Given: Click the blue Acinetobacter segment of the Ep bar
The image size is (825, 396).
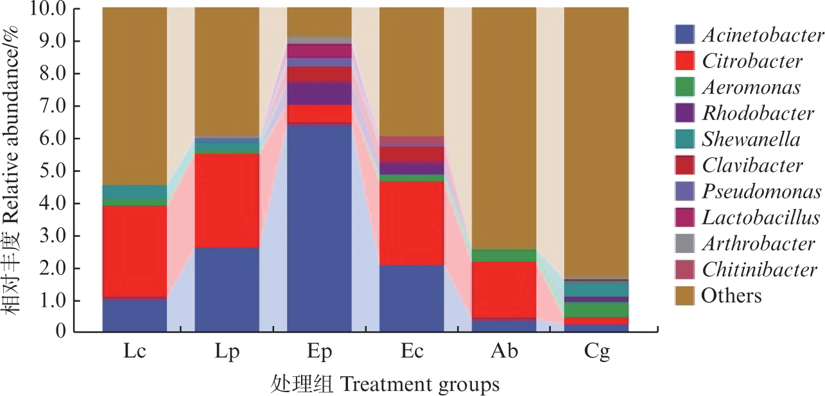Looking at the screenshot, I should pos(319,228).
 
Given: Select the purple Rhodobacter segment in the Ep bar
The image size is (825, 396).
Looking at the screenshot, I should pos(319,94).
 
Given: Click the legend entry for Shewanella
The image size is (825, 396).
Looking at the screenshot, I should pos(751,139).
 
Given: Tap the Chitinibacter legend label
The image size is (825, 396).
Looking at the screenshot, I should pos(759,270).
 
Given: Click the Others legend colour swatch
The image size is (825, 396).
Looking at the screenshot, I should pos(684,296).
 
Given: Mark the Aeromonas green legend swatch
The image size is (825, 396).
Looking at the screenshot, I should pos(684,87).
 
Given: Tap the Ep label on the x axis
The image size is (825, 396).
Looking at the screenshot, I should pos(319,352).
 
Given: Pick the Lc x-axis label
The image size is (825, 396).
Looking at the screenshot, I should pos(134,352).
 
